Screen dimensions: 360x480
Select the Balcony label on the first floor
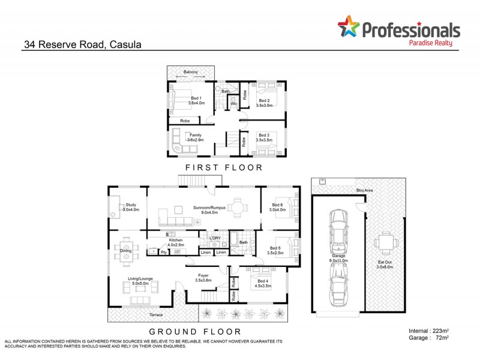(x=191, y=72)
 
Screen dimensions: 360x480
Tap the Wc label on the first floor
(x=233, y=104)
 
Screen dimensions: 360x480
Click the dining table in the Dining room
(x=127, y=250)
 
